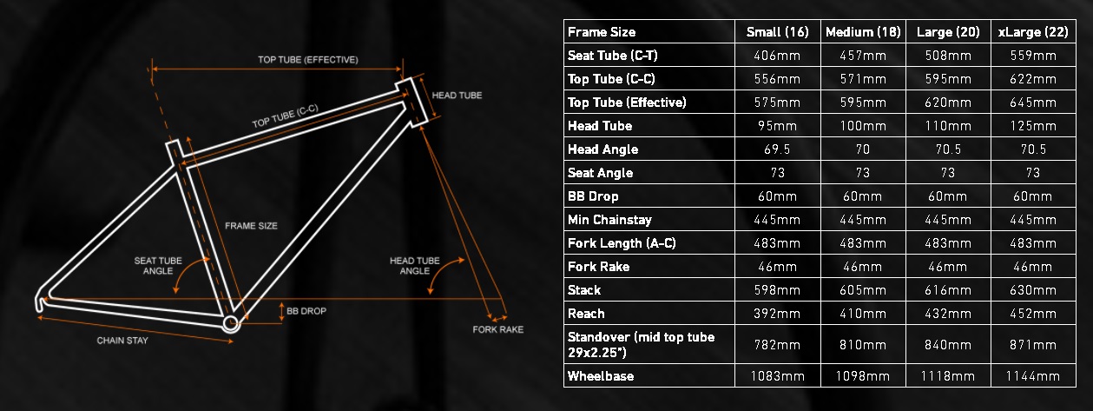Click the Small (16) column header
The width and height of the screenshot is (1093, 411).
coord(777,32)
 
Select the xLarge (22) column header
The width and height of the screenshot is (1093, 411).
coord(1033,32)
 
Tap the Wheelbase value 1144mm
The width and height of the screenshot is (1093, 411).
coord(1033,376)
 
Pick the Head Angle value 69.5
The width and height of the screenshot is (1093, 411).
coord(777,149)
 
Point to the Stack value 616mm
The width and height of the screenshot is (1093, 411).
coord(948,289)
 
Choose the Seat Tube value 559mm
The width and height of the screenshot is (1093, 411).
coord(1033,56)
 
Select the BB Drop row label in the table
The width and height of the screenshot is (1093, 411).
coord(593,196)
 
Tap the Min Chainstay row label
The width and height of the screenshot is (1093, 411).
coord(609,220)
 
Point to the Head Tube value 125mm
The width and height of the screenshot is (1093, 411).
coord(1033,126)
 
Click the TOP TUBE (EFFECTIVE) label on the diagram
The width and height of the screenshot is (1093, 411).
coord(308,60)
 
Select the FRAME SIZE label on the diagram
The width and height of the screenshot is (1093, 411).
coord(250,226)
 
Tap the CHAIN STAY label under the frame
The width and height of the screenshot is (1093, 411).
coord(122,341)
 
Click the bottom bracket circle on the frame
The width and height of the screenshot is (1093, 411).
coord(230,323)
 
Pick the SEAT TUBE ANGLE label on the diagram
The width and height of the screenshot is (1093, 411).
coord(157,264)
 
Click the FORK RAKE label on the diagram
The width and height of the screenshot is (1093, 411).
coord(497,329)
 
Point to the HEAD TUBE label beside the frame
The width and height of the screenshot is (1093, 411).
coord(457,96)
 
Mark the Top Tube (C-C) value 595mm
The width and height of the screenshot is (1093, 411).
coord(948,79)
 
